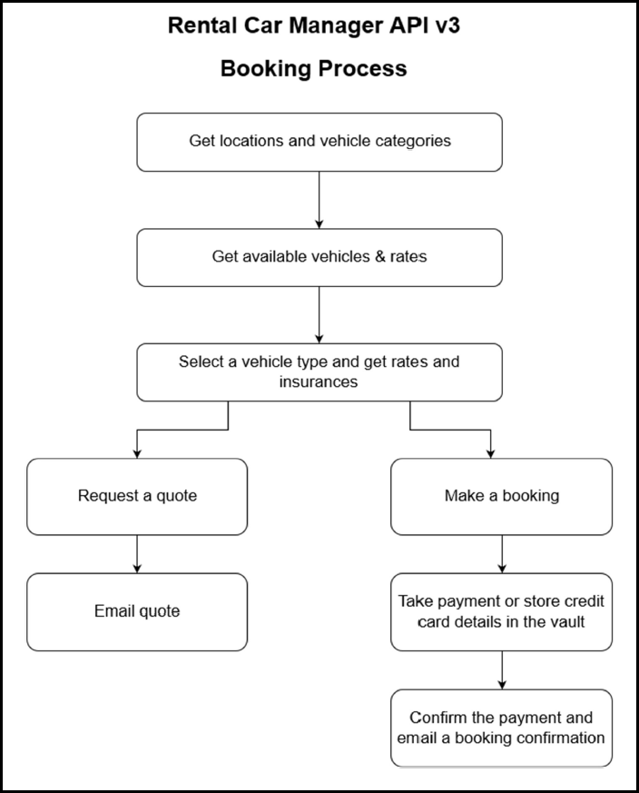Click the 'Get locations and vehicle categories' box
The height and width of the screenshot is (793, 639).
coord(319,142)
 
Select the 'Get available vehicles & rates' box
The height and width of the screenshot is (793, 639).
coord(319,257)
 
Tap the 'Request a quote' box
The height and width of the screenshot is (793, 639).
coord(137,497)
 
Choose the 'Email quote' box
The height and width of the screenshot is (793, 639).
coord(137,612)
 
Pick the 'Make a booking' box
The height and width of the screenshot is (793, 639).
coord(502,497)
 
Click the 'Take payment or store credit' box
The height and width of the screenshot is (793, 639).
coord(502,612)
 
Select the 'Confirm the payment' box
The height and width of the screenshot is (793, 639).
coord(502,728)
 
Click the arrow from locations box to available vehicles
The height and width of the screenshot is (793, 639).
coord(319,200)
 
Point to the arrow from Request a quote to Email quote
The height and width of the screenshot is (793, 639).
coord(137,554)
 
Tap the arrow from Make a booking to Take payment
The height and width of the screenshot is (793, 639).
coord(502,554)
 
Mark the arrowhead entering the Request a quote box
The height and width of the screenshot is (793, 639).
coord(137,454)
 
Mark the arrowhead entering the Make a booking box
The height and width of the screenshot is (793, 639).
coord(490,454)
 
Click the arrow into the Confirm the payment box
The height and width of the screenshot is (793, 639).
coord(502,670)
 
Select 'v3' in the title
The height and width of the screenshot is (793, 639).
coord(447,25)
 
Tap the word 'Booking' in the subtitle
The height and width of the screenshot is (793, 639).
coord(265,68)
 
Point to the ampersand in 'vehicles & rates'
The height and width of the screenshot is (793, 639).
coord(379,256)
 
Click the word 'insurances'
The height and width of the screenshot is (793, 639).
coord(319,382)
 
